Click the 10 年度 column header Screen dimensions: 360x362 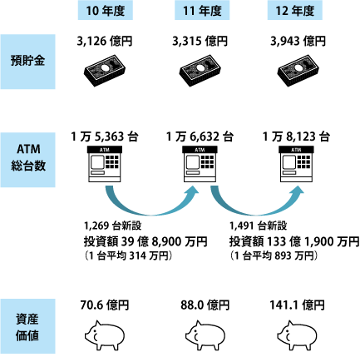(106, 10)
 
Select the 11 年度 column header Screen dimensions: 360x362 (202, 10)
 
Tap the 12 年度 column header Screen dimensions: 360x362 (295, 10)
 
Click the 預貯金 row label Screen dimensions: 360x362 (27, 62)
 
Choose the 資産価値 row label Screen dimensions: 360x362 (27, 326)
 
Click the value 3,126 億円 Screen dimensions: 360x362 (105, 42)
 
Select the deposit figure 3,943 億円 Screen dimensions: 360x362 (298, 42)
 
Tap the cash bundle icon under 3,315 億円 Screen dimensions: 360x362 (200, 71)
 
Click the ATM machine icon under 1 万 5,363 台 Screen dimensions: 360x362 (105, 164)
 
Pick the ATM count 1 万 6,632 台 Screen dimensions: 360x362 (200, 136)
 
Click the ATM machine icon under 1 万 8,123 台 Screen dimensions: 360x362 (296, 164)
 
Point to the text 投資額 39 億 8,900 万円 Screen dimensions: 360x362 (145, 241)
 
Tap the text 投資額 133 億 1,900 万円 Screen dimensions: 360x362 (294, 241)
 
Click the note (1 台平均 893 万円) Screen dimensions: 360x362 (274, 255)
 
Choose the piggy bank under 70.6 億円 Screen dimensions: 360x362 (105, 335)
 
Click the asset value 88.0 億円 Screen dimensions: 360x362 (205, 305)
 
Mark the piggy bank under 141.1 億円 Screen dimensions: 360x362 (297, 335)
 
